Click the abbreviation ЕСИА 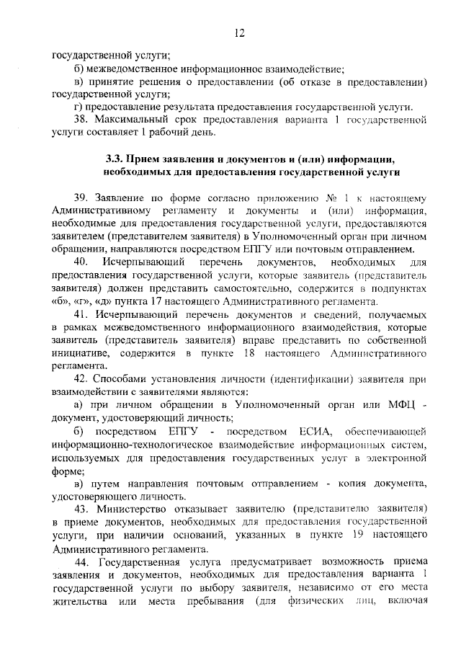[x=313, y=431]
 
